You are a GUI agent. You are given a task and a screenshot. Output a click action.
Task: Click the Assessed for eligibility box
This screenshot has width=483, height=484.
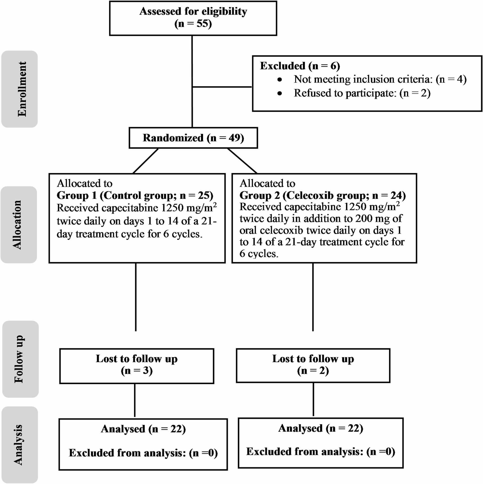(193, 18)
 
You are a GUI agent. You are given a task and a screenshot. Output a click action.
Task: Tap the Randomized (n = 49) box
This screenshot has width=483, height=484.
(193, 138)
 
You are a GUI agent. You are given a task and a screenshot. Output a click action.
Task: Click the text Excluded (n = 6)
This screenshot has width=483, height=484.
(300, 66)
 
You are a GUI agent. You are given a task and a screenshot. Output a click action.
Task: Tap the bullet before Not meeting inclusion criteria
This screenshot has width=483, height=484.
(280, 80)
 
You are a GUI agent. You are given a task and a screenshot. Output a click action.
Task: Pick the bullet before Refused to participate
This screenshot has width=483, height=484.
(280, 94)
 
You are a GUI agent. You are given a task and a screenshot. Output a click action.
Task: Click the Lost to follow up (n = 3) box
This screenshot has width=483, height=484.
(137, 366)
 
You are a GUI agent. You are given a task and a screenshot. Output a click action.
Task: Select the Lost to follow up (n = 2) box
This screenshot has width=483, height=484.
(313, 365)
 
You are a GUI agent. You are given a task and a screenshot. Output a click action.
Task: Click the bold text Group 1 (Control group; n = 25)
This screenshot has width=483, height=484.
(135, 195)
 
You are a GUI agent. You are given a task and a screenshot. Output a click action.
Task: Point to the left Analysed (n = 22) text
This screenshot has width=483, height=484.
(143, 429)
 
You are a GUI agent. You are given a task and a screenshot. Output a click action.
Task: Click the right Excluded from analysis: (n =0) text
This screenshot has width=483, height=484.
(321, 451)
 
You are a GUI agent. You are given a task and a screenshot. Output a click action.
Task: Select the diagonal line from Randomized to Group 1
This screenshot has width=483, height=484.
(145, 161)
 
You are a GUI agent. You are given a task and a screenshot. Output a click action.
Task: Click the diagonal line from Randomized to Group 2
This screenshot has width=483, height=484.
(242, 161)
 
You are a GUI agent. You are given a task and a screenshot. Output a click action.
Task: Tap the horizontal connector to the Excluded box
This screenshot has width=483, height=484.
(222, 87)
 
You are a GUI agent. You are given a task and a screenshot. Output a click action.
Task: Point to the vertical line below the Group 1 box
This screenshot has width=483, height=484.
(136, 297)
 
